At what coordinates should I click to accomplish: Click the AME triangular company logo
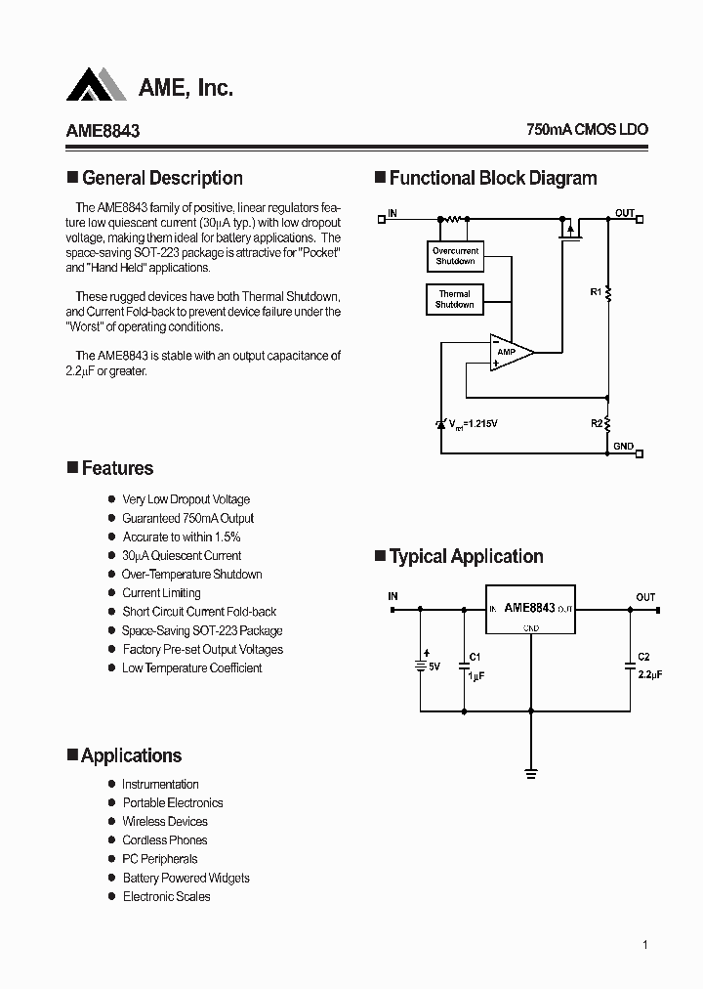pyautogui.click(x=97, y=85)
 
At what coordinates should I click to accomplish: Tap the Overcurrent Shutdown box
pyautogui.click(x=455, y=257)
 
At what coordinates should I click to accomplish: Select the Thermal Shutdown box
pyautogui.click(x=454, y=299)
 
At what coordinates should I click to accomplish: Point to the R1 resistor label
pyautogui.click(x=595, y=291)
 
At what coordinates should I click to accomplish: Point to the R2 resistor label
pyautogui.click(x=595, y=423)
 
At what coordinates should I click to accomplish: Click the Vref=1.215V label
pyautogui.click(x=473, y=424)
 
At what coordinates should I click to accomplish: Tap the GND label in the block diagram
pyautogui.click(x=623, y=447)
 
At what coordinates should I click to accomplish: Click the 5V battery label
pyautogui.click(x=434, y=666)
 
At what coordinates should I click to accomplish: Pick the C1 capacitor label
pyautogui.click(x=475, y=657)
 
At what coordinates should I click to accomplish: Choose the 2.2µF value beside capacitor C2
pyautogui.click(x=649, y=674)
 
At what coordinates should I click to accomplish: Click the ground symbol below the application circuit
pyautogui.click(x=531, y=773)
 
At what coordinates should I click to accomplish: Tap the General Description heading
pyautogui.click(x=162, y=178)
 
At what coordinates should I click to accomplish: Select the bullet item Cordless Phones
pyautogui.click(x=164, y=840)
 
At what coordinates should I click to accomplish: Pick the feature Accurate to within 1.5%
pyautogui.click(x=181, y=537)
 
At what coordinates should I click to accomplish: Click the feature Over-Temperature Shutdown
pyautogui.click(x=191, y=575)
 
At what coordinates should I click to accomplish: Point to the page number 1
pyautogui.click(x=645, y=945)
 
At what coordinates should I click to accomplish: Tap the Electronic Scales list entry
pyautogui.click(x=166, y=896)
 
